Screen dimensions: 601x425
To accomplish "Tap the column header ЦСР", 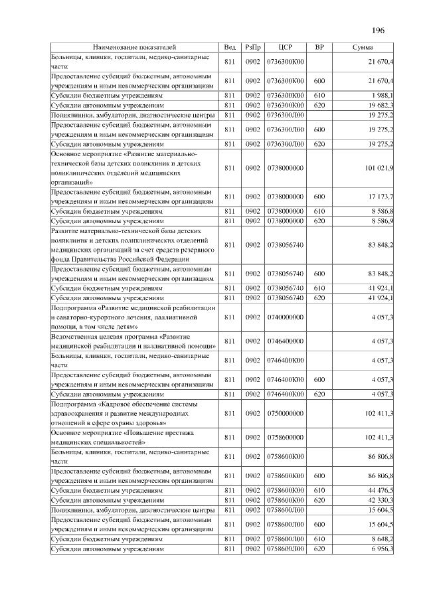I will point(286,48).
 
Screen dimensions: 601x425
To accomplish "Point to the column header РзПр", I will point(252,48).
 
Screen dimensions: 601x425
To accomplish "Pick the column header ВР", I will point(319,48).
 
